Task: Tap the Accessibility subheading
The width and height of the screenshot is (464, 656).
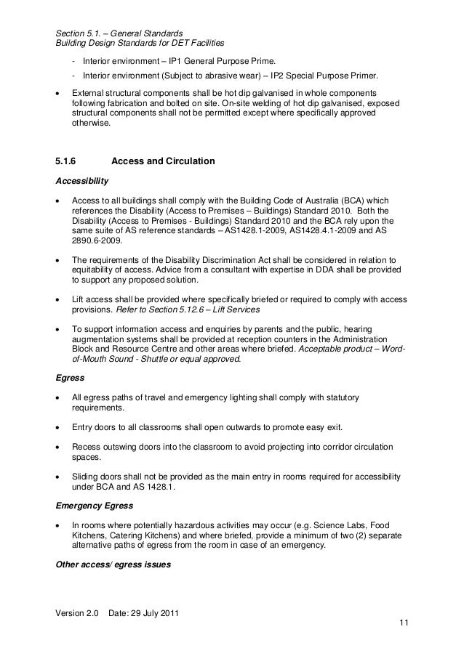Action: [82, 179]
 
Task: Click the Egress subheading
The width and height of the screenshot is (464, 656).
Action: [69, 378]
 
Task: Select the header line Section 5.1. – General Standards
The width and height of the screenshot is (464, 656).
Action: [119, 32]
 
